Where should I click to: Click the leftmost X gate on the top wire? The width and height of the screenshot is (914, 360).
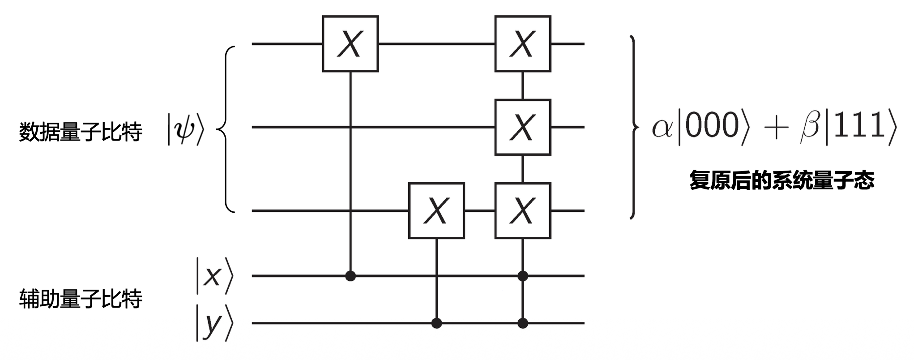(x=350, y=44)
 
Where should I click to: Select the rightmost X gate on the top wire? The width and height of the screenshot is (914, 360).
(x=522, y=44)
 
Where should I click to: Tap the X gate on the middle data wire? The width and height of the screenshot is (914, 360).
(x=522, y=127)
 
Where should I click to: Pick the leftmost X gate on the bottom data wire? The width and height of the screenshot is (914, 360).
(x=436, y=210)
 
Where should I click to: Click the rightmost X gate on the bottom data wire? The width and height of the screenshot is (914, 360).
(x=522, y=210)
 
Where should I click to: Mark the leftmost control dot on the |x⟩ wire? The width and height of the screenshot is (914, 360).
(x=350, y=276)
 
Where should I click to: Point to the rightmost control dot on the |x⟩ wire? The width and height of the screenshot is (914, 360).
(x=522, y=276)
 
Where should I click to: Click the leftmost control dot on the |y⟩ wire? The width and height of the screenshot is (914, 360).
(x=436, y=323)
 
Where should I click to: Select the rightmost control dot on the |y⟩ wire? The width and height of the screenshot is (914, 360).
(x=522, y=323)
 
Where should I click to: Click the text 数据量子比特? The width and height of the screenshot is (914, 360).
(x=81, y=132)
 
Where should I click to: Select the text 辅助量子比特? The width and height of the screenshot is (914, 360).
(x=81, y=299)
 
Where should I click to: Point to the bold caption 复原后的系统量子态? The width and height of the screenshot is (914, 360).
(x=782, y=180)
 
